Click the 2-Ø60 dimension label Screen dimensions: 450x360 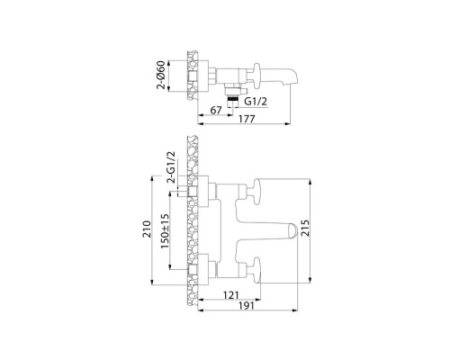pos(161,75)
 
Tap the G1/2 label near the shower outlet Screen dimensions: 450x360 pos(256,102)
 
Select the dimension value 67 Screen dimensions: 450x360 pos(216,111)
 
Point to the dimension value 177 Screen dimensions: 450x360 pos(247,119)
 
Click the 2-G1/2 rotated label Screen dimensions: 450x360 pos(171,167)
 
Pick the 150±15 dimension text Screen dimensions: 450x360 pos(165,231)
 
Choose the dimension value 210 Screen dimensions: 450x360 pos(147,229)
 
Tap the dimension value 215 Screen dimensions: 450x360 pos(305,228)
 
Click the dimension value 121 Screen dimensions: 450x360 pos(231,295)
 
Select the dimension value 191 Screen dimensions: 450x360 pos(247,306)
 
